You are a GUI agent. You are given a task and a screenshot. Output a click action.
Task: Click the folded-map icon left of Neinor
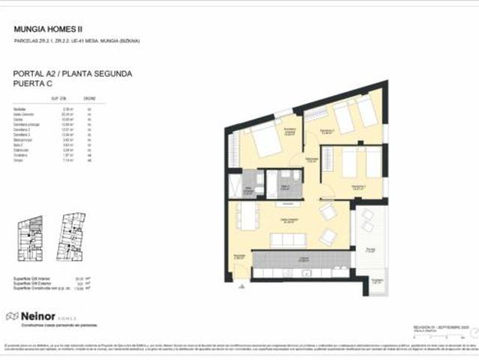[12, 316]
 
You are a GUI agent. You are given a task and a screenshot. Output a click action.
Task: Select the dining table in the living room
[247, 218]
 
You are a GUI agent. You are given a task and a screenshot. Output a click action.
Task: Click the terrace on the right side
[370, 240]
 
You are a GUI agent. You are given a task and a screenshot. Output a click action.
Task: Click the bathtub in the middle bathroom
[286, 180]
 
